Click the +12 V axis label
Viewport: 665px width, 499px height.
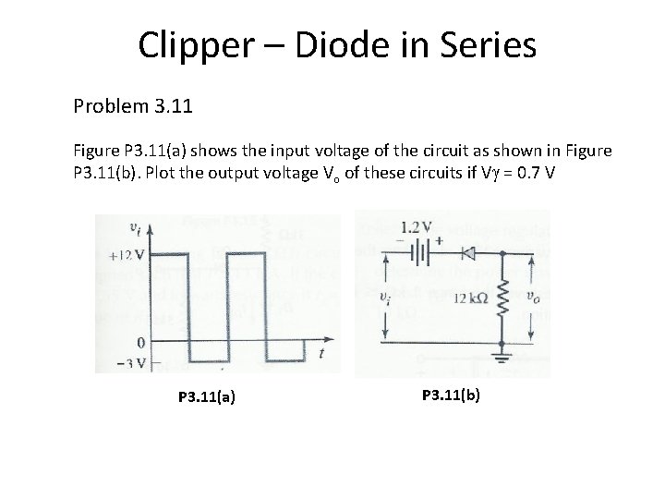(126, 255)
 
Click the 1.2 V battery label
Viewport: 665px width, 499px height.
(416, 226)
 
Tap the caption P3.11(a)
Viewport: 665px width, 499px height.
(206, 397)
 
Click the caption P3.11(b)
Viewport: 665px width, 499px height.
(451, 395)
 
